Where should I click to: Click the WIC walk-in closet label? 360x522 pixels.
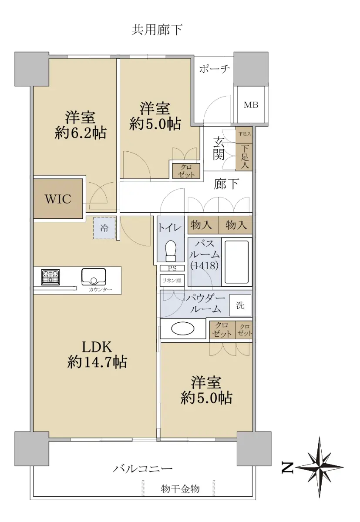click(x=58, y=199)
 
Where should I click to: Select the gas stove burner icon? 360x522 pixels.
click(x=50, y=277)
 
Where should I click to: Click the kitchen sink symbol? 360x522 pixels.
click(x=94, y=277)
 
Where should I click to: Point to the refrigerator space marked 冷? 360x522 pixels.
click(x=104, y=228)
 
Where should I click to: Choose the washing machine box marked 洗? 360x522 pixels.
click(x=240, y=305)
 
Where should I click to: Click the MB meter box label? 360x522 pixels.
click(x=251, y=105)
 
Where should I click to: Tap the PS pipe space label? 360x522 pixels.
click(x=172, y=268)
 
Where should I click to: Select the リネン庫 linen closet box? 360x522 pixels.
click(x=172, y=281)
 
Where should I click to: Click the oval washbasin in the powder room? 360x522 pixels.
click(x=182, y=328)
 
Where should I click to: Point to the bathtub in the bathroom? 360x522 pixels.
click(x=236, y=262)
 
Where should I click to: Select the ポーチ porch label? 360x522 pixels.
click(x=215, y=69)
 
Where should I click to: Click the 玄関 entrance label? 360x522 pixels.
click(x=219, y=148)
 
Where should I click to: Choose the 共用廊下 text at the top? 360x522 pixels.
click(x=157, y=30)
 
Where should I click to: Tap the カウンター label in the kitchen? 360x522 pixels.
click(x=100, y=290)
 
